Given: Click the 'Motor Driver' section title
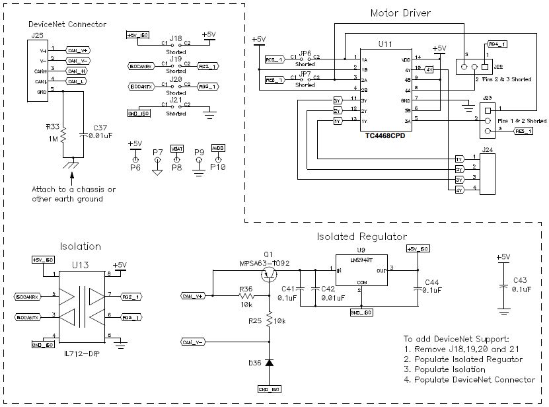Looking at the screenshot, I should [x=400, y=13].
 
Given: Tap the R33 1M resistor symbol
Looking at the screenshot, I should [x=63, y=135].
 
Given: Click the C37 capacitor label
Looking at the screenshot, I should [x=100, y=127].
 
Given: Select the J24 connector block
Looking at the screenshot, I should [x=486, y=174].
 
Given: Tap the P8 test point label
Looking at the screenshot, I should [x=177, y=168].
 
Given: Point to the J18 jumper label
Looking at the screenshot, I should [x=175, y=38].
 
